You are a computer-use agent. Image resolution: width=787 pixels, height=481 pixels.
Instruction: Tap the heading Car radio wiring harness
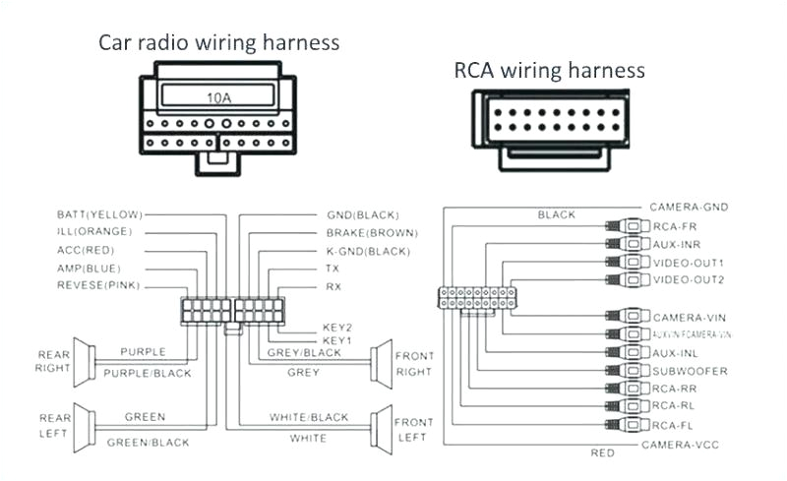pos(218,42)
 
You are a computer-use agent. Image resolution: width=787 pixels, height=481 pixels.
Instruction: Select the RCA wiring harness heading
pos(549,70)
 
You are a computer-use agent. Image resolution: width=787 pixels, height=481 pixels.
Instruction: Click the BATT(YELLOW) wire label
pos(99,213)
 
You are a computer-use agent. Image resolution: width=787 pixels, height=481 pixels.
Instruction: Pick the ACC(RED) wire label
pos(87,250)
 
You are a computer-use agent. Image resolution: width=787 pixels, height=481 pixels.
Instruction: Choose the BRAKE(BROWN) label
pos(372,233)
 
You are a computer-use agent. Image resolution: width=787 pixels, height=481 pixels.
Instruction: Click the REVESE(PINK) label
pos(98,285)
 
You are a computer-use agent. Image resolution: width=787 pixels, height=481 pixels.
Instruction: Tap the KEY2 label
pos(336,327)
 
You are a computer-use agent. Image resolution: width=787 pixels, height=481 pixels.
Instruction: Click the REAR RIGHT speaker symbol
pos(85,361)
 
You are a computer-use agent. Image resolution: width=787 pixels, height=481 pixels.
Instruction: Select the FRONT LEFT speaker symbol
pos(378,430)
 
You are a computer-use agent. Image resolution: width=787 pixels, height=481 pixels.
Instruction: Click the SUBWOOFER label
pos(690,371)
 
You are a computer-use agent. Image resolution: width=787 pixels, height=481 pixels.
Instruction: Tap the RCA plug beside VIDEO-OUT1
pos(627,263)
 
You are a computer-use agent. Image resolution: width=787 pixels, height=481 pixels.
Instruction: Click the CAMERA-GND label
pos(689,208)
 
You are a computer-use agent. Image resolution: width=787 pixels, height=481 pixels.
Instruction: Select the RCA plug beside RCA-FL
pos(627,424)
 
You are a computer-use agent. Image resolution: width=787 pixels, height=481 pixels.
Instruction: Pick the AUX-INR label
pos(677,244)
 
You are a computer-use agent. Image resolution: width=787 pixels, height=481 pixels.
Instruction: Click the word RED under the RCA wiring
pos(603,452)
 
